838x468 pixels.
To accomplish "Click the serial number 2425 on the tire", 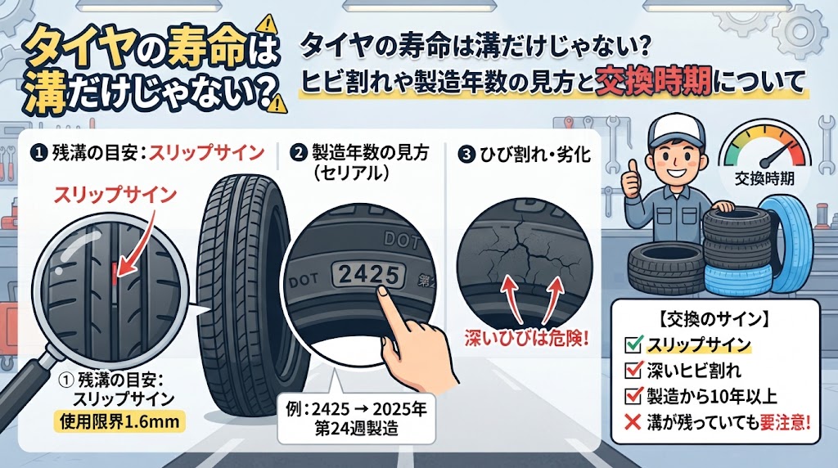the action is coord(369,275).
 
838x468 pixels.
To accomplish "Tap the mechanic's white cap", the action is coord(675,131).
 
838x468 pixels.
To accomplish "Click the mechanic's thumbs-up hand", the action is coord(631,180).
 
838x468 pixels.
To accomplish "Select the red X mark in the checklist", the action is coord(633,422).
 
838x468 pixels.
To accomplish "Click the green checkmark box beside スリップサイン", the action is coord(633,344).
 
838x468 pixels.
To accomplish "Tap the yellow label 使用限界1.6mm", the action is coord(119,422).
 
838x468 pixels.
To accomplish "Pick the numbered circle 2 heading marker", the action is coord(297,153).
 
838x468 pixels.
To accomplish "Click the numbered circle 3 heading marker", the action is coord(466,155).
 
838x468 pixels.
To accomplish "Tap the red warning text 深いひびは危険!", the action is coord(526,339).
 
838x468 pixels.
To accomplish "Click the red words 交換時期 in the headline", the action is coord(653,82).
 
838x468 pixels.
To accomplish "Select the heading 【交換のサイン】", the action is coord(714,319).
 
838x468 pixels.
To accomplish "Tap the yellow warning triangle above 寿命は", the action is coord(266,24).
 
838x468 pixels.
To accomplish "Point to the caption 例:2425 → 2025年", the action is coord(356,410).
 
